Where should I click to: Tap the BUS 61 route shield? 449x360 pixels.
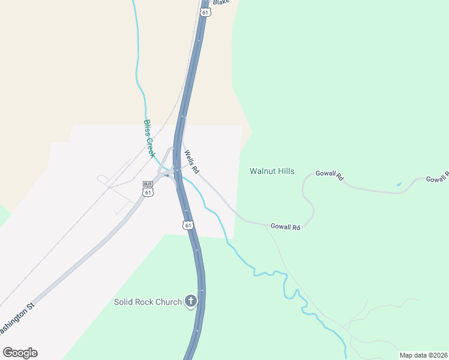click(148, 192)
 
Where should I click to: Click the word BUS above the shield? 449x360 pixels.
click(148, 184)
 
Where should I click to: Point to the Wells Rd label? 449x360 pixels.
click(191, 161)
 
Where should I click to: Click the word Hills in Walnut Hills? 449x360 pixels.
click(286, 172)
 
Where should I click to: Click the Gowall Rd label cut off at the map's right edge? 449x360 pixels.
click(437, 178)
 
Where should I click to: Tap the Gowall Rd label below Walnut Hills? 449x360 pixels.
click(285, 227)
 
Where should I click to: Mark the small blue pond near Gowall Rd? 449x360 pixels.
click(399, 183)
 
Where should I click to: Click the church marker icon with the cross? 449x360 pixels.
click(191, 301)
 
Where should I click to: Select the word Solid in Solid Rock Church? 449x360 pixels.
click(124, 302)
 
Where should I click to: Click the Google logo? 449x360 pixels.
click(20, 353)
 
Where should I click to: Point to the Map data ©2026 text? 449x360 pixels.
click(423, 355)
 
